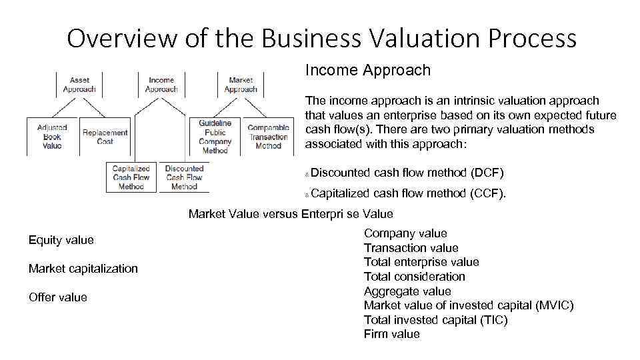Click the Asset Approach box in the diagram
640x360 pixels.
79,85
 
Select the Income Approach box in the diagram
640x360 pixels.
161,85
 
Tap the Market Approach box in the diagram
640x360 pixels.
241,85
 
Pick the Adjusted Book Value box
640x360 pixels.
52,137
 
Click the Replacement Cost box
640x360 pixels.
105,137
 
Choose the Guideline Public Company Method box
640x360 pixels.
215,137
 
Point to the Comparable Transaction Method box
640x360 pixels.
268,137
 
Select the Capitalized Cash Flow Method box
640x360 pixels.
131,177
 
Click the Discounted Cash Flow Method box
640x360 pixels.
184,177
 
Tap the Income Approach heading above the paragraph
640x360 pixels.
368,70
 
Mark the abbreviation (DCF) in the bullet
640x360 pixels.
487,173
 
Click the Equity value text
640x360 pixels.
61,240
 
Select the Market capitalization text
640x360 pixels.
83,269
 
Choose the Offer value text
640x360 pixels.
58,297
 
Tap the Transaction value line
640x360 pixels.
411,248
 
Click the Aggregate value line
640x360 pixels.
407,291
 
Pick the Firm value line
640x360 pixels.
392,334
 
